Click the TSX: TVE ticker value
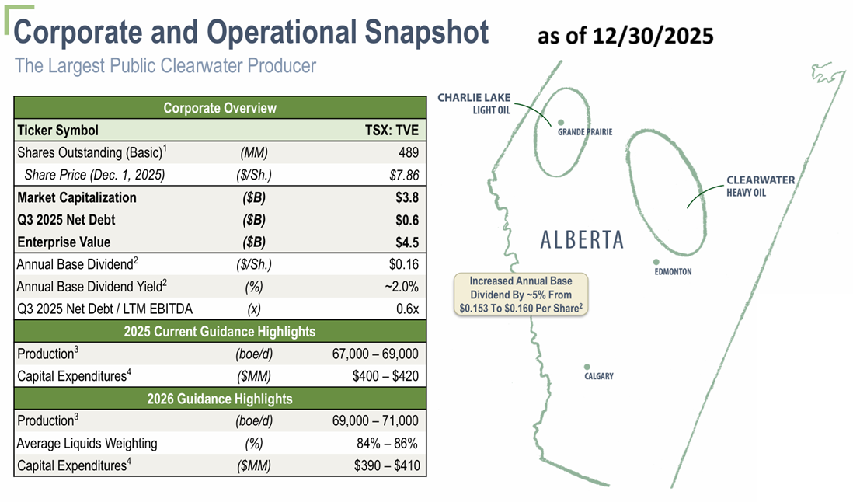392,131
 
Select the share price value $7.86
404,175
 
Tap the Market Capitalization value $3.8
407,197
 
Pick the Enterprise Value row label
64,242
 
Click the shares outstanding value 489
409,153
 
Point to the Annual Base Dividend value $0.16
404,264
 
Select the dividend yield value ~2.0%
402,287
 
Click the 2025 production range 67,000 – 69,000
375,354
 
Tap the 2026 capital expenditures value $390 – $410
387,465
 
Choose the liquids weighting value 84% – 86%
387,443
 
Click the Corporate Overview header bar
220,108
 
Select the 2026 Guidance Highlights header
220,399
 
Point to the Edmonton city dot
656,262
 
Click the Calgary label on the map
599,376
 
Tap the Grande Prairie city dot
561,122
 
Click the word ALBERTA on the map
582,240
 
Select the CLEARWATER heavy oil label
761,186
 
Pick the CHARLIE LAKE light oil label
475,103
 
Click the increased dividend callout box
521,295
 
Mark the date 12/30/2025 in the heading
653,37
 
